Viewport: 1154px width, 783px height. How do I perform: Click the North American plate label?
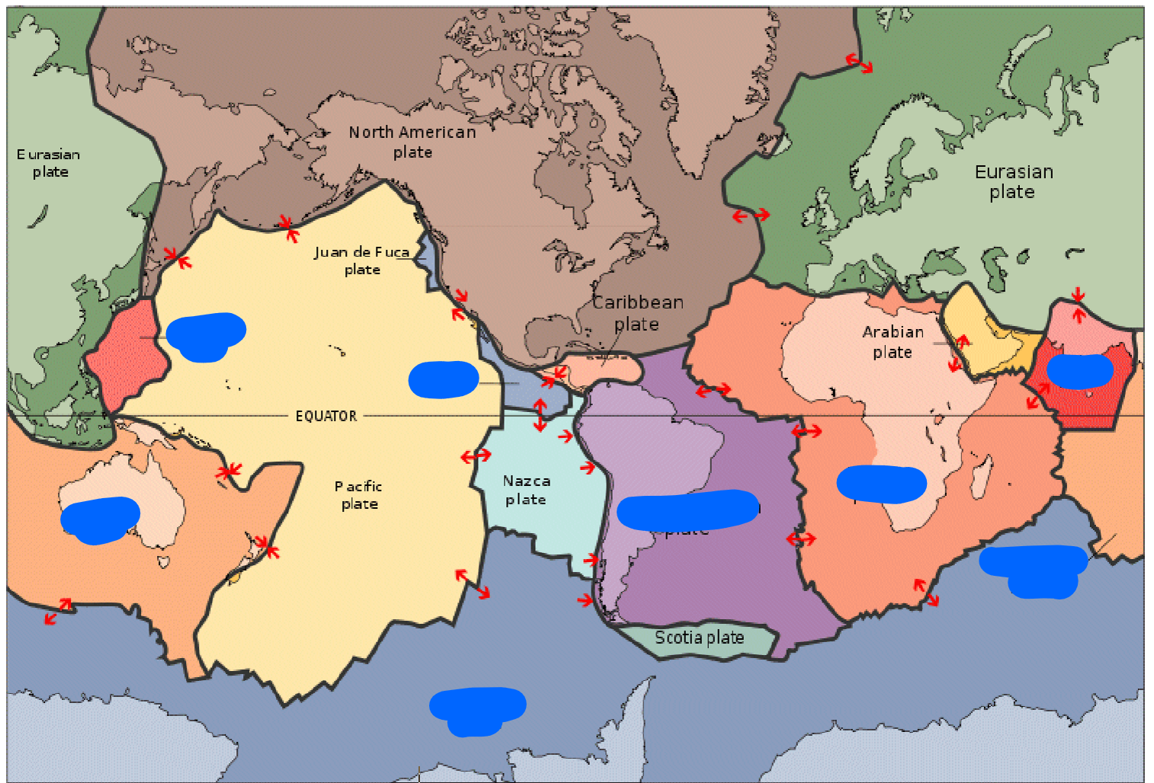point(412,142)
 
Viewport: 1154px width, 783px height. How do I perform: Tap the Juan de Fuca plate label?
point(361,260)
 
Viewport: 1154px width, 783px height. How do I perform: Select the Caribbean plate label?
point(637,313)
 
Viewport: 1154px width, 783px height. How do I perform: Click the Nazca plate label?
point(526,490)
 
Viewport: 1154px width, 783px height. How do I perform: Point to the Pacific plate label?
point(358,494)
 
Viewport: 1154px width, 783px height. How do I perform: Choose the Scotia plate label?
point(699,638)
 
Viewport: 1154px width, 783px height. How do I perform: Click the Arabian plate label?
point(893,341)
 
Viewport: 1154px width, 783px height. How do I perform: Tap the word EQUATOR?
point(326,416)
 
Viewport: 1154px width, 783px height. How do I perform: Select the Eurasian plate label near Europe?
point(1013,181)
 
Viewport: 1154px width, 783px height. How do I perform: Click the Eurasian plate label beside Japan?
point(49,162)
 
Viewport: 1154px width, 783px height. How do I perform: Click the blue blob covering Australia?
point(99,519)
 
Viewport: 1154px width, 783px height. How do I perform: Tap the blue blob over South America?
point(687,510)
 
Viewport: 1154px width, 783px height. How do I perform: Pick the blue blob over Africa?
point(881,484)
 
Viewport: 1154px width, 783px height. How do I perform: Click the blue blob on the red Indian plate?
point(1079,371)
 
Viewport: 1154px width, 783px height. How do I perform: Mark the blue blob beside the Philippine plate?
point(205,336)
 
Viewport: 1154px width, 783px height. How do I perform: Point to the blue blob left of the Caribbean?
point(444,379)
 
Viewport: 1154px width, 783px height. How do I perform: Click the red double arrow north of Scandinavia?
point(859,63)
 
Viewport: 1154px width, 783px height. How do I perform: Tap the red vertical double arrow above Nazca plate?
point(540,414)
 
